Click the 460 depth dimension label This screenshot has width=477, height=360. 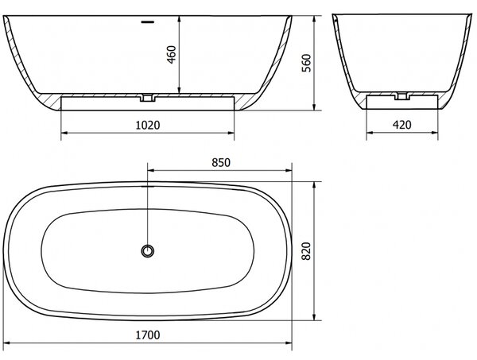[x=172, y=54]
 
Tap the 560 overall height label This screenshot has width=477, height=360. [x=306, y=63]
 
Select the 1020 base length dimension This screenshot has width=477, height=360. [x=148, y=125]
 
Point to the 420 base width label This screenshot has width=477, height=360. [x=401, y=125]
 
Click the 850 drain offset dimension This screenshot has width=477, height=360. [x=221, y=163]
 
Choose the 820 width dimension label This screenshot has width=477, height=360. [x=306, y=251]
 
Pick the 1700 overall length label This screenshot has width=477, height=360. [x=148, y=335]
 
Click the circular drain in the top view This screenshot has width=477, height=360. [x=148, y=251]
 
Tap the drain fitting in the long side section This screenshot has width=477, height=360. [x=148, y=98]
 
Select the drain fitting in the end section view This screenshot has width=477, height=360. [x=402, y=96]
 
